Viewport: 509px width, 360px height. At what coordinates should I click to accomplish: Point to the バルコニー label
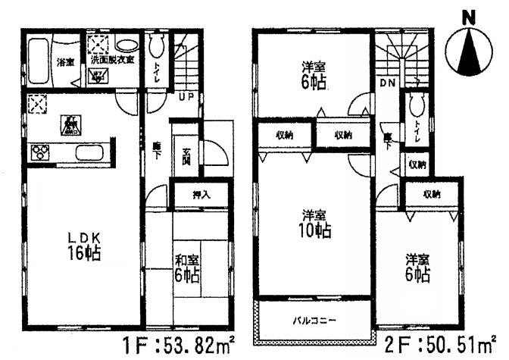[x=311, y=321]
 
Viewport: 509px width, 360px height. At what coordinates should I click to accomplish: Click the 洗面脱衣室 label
[x=112, y=59]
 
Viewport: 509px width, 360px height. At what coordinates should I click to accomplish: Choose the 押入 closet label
[x=200, y=195]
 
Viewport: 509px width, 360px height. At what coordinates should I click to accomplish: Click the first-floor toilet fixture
[x=157, y=49]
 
